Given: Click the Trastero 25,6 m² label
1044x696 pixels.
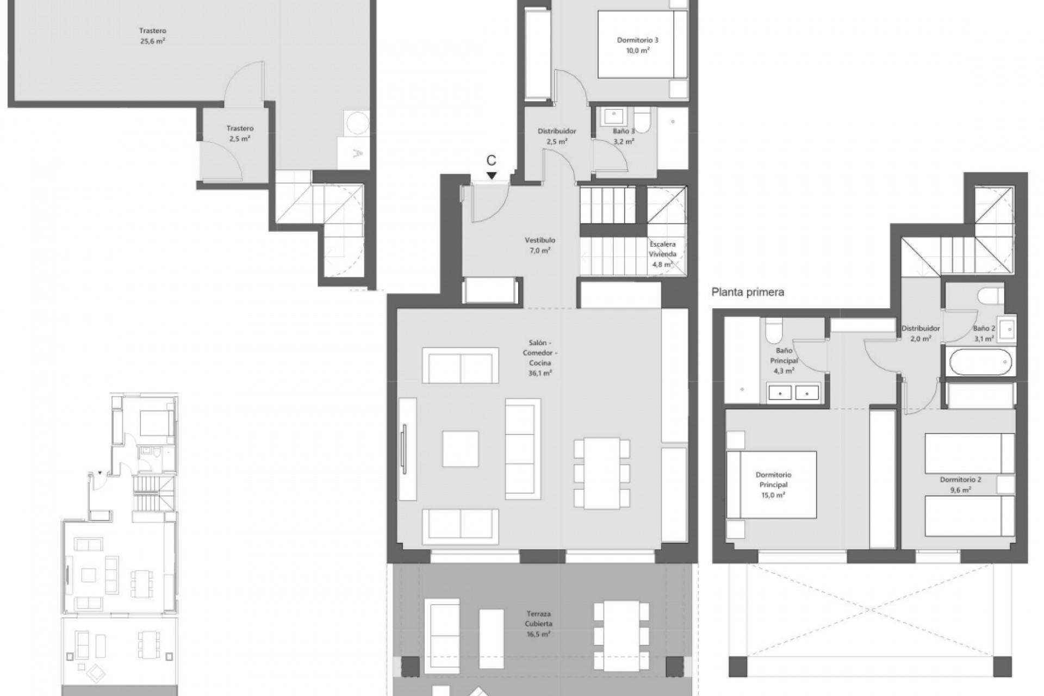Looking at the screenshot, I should (152, 36).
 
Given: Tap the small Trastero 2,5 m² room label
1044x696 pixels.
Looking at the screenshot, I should (240, 134).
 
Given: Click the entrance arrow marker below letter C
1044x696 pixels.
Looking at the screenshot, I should (492, 176).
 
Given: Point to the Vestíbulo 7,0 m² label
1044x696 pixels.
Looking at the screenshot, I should (540, 245).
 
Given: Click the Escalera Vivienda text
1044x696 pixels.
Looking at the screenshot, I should (662, 249).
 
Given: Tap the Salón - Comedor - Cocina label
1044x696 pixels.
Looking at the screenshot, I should (540, 357).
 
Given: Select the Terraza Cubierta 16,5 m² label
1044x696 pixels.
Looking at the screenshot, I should (538, 624).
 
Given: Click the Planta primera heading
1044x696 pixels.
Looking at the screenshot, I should (748, 293).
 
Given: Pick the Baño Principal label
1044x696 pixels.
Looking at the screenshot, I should (784, 356).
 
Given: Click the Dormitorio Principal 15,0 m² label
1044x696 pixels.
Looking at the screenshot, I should (773, 484).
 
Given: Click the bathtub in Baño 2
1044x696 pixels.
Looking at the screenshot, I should (979, 362).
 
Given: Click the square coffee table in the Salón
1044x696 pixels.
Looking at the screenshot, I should (460, 449).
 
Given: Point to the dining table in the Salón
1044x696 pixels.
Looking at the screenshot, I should (602, 473).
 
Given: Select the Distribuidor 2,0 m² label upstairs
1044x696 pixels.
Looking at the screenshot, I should (921, 333).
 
